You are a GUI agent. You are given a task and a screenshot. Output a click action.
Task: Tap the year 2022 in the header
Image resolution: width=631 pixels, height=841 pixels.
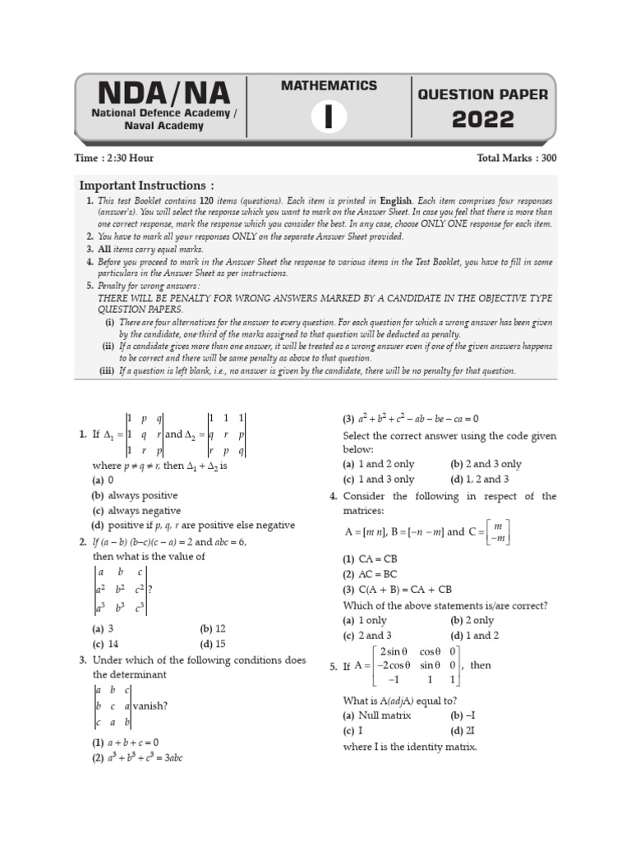click(483, 121)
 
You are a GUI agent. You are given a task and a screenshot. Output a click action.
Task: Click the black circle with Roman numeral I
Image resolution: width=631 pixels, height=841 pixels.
click(329, 118)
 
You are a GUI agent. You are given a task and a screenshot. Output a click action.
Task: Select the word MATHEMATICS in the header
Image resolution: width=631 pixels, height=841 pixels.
click(329, 85)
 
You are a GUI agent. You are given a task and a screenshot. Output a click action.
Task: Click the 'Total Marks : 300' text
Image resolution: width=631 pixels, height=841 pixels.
click(516, 159)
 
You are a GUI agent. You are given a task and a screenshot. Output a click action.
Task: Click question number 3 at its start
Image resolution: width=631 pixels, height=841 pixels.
click(83, 659)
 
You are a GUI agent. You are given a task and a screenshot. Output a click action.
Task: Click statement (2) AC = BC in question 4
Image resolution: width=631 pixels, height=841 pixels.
click(375, 575)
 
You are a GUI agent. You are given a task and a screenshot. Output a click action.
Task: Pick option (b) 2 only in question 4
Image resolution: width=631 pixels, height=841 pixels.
click(472, 621)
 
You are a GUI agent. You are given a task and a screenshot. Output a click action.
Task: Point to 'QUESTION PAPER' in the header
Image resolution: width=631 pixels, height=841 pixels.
click(483, 94)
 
